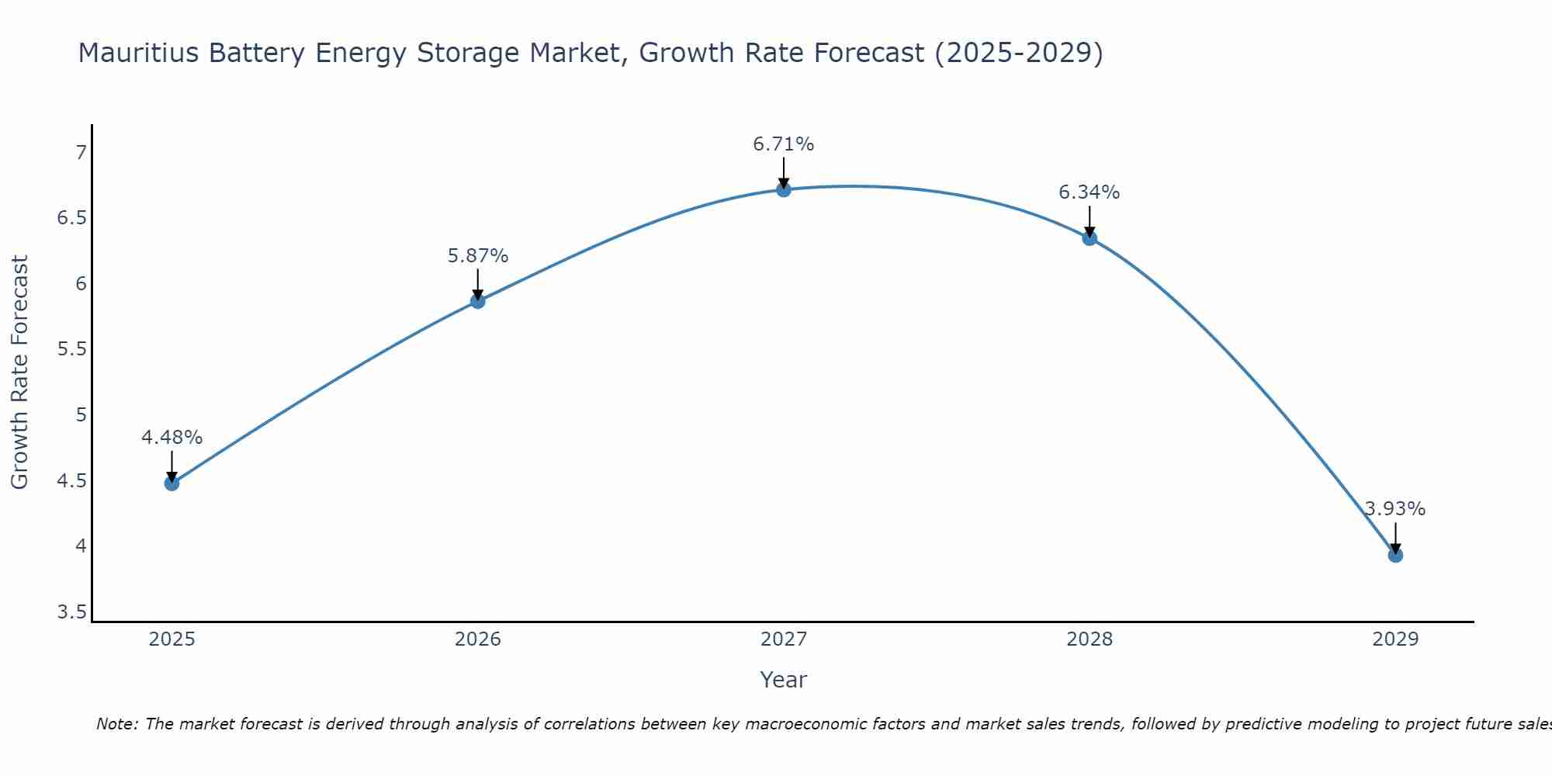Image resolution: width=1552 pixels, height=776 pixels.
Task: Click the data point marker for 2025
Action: click(x=171, y=483)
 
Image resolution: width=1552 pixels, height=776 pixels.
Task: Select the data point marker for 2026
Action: click(x=478, y=301)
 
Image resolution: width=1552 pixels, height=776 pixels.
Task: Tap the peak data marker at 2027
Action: click(x=784, y=189)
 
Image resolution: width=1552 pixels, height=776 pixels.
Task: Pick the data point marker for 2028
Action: click(x=1090, y=238)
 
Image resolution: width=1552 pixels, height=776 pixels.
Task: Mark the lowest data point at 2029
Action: click(x=1395, y=555)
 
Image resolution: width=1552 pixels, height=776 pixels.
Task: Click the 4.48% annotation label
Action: click(x=171, y=438)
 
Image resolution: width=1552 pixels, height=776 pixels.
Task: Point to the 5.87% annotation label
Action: click(x=478, y=256)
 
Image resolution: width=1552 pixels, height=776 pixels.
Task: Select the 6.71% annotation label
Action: click(x=784, y=144)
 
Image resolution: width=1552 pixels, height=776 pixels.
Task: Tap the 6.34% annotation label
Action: click(x=1090, y=192)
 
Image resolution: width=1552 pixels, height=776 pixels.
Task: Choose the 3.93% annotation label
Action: click(x=1395, y=509)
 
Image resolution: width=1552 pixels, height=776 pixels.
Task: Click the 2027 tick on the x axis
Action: click(x=784, y=639)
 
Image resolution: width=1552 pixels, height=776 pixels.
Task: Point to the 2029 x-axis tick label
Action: click(x=1395, y=639)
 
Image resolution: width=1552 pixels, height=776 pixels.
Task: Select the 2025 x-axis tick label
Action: click(x=171, y=639)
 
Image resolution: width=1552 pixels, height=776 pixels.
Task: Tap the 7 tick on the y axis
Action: click(x=81, y=152)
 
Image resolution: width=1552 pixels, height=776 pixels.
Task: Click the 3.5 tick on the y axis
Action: click(x=72, y=612)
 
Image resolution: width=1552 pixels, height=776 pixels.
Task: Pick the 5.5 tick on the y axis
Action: click(x=72, y=349)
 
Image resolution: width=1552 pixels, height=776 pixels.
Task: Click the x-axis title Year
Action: click(x=784, y=680)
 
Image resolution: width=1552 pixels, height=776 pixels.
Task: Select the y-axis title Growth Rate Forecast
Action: click(x=19, y=372)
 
